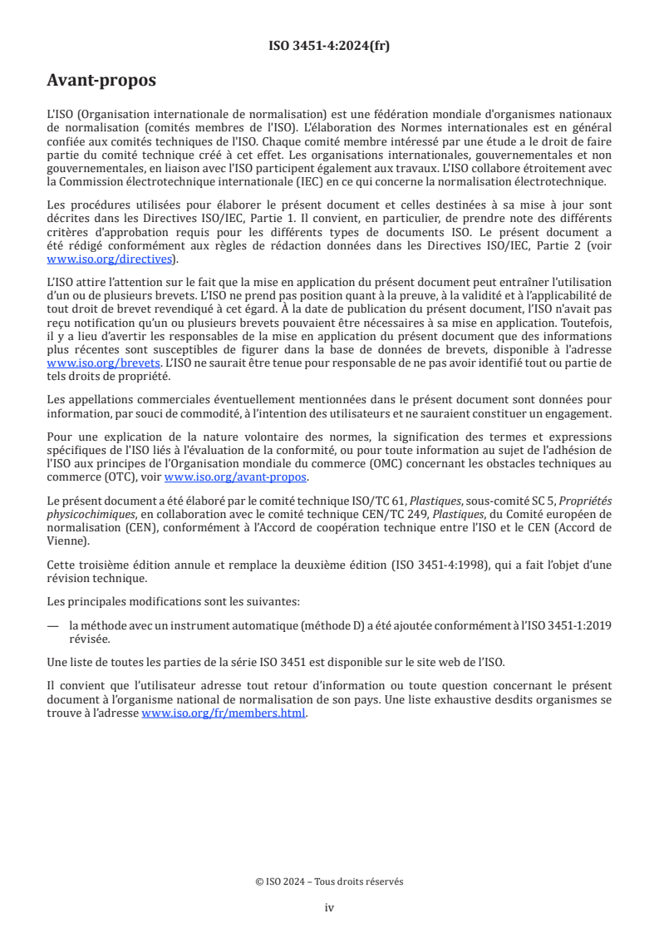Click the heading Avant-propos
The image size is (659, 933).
pos(101,81)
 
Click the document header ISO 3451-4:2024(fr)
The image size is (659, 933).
pos(329,47)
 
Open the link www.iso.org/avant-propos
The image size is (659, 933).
pos(236,476)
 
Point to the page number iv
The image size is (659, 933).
pos(329,907)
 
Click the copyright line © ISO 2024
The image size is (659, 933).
pos(329,881)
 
